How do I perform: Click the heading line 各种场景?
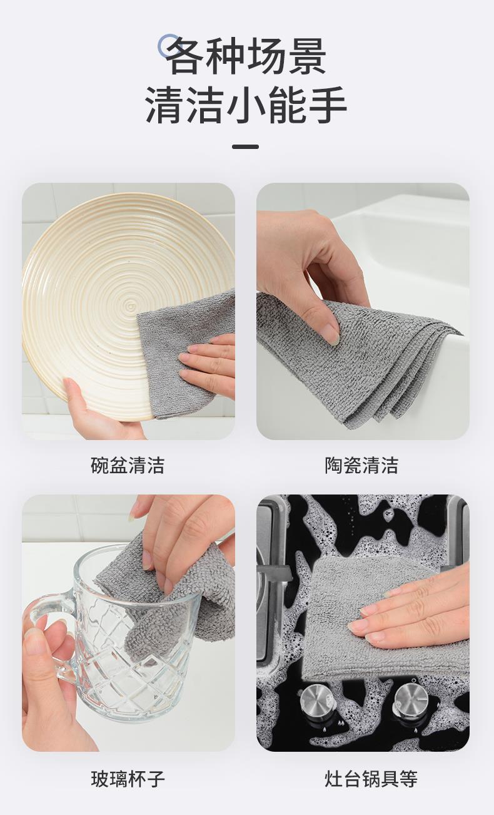tap(247, 56)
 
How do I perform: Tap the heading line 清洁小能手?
tap(246, 105)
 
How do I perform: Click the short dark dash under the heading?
tap(246, 147)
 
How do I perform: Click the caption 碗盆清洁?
tap(128, 465)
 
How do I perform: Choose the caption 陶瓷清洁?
tap(361, 465)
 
